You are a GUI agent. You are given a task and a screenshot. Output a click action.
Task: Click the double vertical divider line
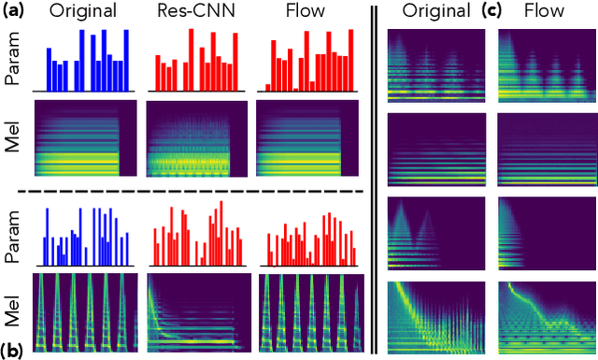click(375, 178)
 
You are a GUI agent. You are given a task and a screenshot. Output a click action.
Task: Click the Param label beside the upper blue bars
click(13, 64)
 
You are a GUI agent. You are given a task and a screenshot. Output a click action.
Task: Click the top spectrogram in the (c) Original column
click(436, 65)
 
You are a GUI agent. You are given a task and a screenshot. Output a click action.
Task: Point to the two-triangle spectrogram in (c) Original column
click(436, 228)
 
